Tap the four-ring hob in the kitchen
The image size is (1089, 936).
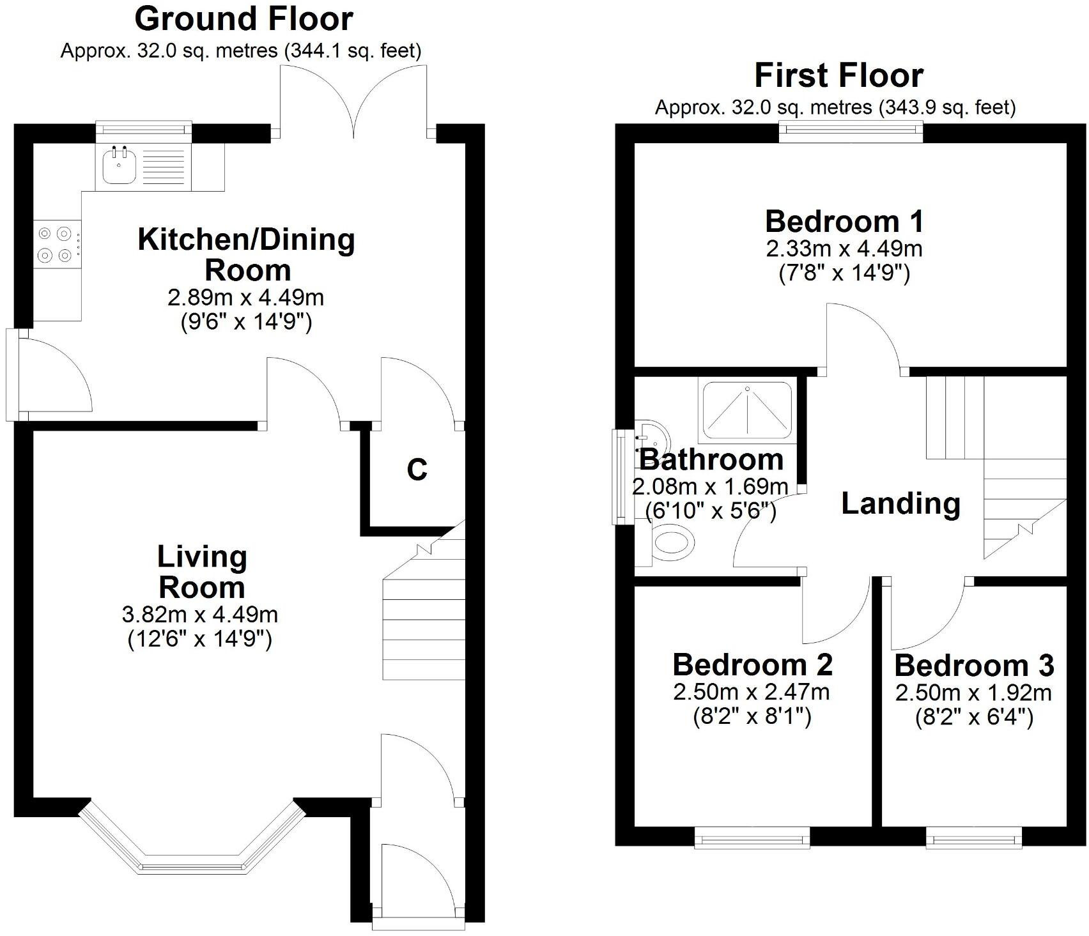54,245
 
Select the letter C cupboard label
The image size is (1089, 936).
417,470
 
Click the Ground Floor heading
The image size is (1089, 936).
243,19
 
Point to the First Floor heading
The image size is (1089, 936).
838,75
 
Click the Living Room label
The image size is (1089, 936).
202,572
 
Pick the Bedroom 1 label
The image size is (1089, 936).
844,222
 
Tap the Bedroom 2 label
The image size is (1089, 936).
752,664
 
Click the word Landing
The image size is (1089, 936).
900,503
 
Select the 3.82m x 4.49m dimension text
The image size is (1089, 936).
199,615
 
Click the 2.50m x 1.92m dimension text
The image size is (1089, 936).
973,693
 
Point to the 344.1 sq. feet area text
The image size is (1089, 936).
353,51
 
